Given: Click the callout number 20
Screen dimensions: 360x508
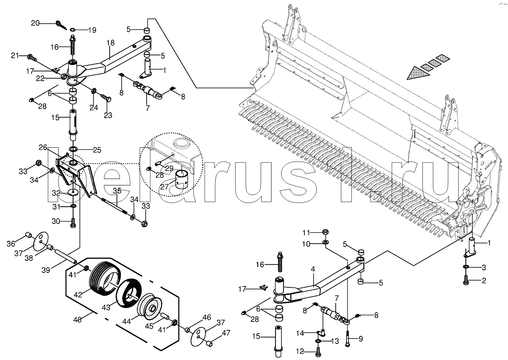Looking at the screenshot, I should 35,23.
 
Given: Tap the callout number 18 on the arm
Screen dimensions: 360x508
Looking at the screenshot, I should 110,43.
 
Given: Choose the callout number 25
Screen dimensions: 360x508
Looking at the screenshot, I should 97,150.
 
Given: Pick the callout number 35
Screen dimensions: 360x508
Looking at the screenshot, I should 116,190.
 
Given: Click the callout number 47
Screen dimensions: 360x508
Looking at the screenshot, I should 226,333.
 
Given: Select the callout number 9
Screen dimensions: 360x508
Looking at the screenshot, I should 360,339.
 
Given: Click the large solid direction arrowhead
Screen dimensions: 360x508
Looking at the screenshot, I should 416,73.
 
